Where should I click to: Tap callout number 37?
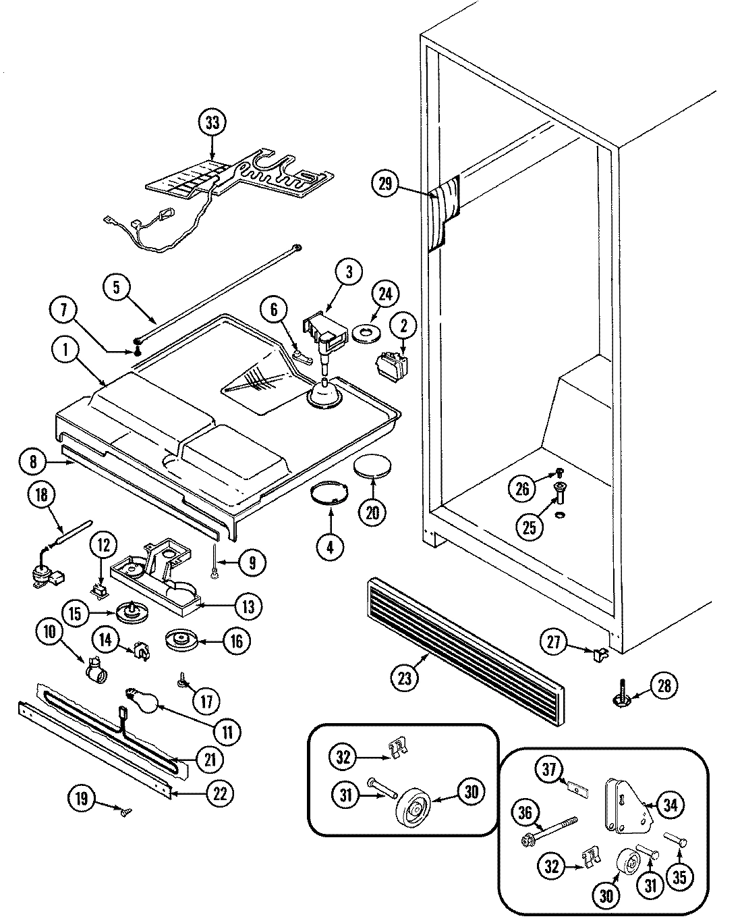click(x=549, y=768)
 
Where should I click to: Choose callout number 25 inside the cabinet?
click(x=529, y=526)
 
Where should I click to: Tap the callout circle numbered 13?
click(x=248, y=606)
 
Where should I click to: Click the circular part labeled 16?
click(x=181, y=640)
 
